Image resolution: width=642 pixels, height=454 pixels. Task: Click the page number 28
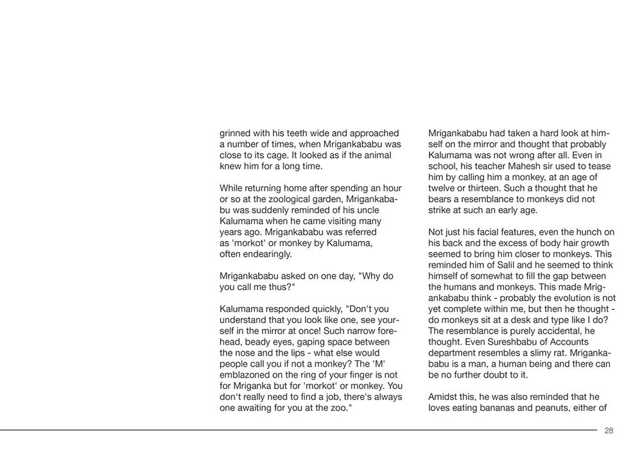(x=609, y=431)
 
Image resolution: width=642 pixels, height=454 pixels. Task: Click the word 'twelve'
(x=442, y=188)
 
